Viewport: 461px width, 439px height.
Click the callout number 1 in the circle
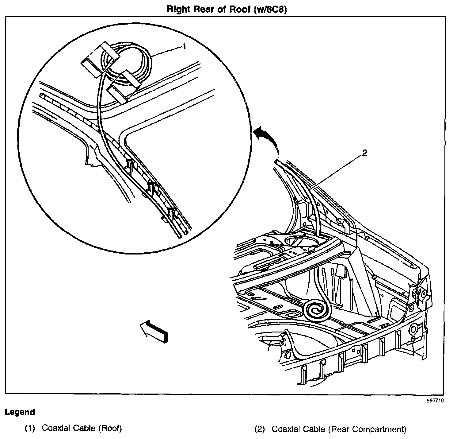tap(184, 46)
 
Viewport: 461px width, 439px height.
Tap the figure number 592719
tap(436, 400)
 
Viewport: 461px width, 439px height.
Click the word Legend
tap(20, 412)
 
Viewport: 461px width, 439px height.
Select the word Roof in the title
tap(237, 9)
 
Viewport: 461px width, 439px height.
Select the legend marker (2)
tap(260, 429)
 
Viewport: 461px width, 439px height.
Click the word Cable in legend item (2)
tap(315, 429)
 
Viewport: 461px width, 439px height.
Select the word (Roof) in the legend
tap(110, 428)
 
